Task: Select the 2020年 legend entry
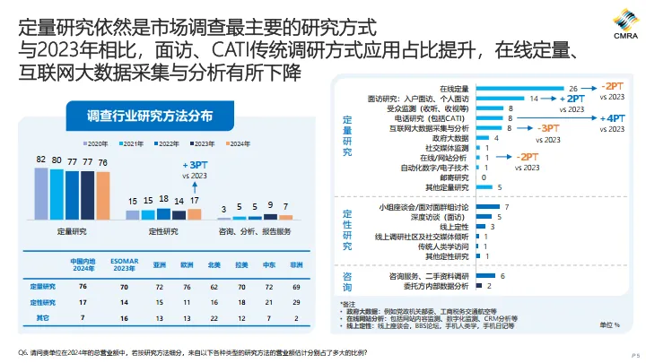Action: [98, 143]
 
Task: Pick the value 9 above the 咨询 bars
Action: [271, 205]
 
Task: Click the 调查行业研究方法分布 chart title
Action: [150, 116]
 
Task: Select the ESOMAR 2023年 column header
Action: [124, 265]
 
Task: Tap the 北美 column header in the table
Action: [214, 265]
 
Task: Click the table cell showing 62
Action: [214, 287]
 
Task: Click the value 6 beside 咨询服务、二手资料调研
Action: [502, 276]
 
